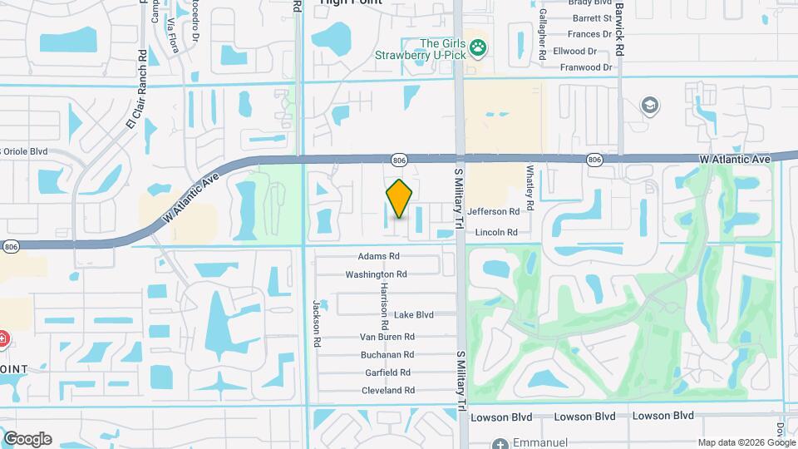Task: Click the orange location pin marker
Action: [400, 199]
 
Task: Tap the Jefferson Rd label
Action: [497, 212]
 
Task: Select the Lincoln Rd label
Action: [496, 233]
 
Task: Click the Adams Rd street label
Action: [379, 257]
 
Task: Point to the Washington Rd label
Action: [377, 274]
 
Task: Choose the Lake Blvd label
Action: [414, 315]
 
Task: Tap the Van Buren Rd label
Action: [387, 337]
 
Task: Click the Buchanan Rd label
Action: [387, 354]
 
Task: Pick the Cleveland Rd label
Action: [388, 391]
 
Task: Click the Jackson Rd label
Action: [317, 323]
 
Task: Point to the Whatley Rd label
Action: [529, 180]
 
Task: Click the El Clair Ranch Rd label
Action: [136, 89]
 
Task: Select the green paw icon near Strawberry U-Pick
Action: [478, 48]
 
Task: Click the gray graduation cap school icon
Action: [649, 106]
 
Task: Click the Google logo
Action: [27, 439]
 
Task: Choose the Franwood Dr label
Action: [586, 67]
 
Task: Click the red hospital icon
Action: [3, 339]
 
